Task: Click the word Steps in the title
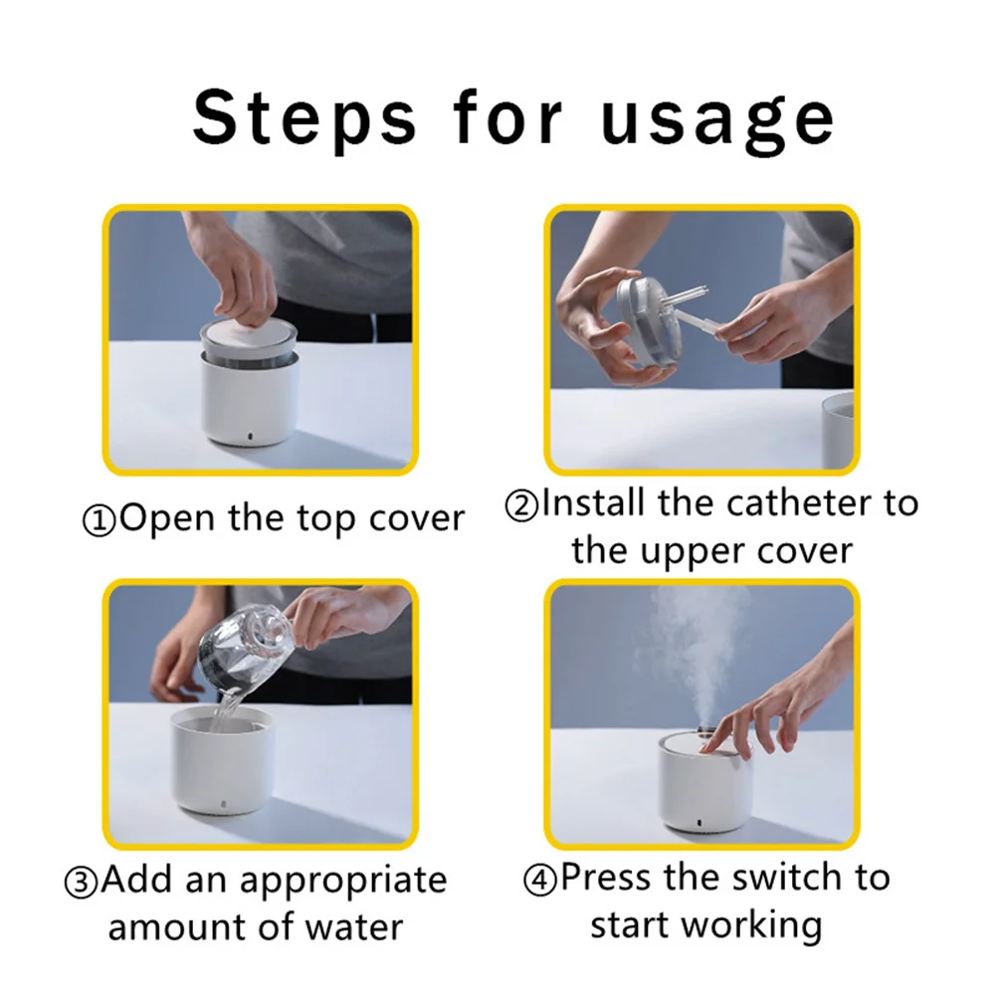point(304,118)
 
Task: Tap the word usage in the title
point(717,120)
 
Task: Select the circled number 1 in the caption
point(99,521)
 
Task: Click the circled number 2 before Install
point(521,506)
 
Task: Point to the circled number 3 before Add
point(82,883)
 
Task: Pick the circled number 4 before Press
point(540,881)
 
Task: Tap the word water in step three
point(354,927)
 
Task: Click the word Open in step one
point(167,520)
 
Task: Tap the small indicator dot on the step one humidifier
point(249,437)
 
